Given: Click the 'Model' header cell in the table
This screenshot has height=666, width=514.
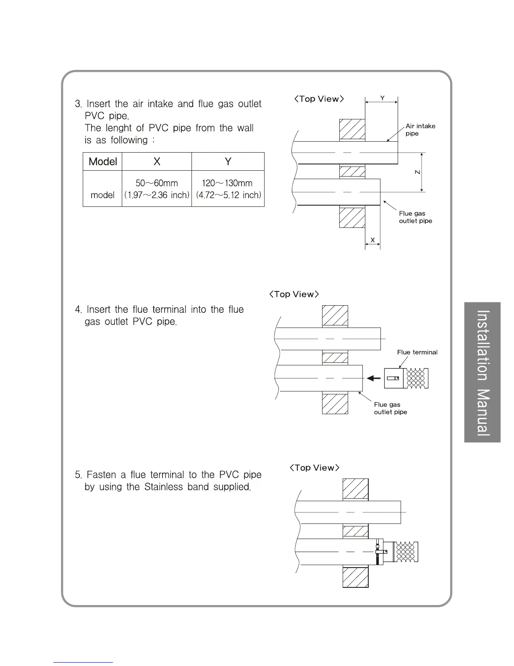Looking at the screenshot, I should click(103, 162).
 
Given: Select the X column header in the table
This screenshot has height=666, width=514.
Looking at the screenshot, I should click(157, 162).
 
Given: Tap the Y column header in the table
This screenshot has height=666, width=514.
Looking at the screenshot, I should click(228, 162).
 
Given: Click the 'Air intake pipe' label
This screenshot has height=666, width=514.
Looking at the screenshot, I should click(420, 129).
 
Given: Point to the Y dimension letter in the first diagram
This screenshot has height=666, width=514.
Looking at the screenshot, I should click(382, 98).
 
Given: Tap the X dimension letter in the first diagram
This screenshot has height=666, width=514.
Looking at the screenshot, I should click(372, 240).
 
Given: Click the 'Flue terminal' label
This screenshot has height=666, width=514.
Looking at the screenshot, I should click(417, 352).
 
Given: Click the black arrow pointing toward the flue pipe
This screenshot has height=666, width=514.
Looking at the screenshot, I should click(374, 378).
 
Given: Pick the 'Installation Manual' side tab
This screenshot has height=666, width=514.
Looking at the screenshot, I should click(483, 372).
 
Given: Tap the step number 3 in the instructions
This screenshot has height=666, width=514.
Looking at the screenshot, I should click(78, 104).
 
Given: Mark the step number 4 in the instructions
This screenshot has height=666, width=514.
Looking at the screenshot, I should click(78, 310).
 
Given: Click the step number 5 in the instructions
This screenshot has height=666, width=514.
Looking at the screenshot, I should click(78, 475).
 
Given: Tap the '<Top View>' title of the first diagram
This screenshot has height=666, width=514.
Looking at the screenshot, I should click(319, 99).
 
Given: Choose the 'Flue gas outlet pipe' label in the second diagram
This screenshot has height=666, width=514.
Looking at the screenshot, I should click(391, 408).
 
